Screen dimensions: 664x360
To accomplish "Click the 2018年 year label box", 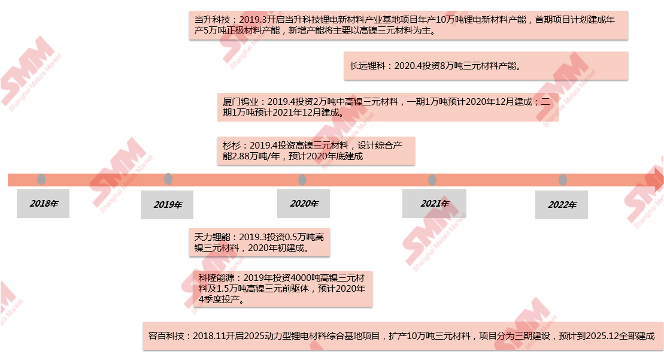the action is tap(43, 204).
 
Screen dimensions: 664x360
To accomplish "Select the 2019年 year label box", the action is tap(167, 205).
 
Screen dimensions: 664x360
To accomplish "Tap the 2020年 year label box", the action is tap(303, 204).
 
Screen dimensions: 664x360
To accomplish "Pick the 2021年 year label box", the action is tap(434, 204).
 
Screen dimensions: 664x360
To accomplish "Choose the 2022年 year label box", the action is tap(562, 205).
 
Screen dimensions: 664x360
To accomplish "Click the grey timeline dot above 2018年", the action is tap(41, 180).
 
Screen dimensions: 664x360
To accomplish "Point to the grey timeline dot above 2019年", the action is tap(168, 179).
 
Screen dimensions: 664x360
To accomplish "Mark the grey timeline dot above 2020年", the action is tap(302, 180).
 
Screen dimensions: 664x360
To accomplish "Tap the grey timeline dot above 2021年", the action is tap(432, 180).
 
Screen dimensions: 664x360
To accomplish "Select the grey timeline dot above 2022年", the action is tap(563, 180).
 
